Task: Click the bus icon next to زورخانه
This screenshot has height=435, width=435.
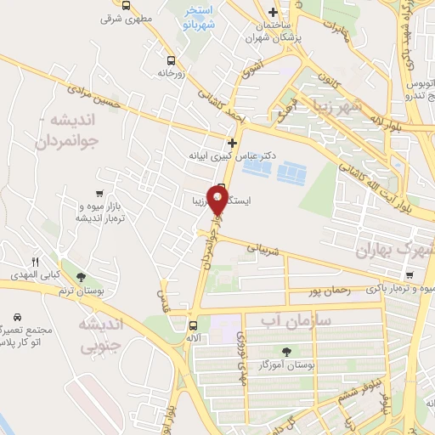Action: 172,61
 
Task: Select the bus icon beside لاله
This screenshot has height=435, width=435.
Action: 193,325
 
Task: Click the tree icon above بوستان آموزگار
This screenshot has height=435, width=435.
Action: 285,351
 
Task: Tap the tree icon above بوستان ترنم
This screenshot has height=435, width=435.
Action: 81,277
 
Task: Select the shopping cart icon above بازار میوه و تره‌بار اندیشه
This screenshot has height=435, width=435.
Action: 100,194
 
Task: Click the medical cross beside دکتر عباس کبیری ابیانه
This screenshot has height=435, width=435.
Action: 231,142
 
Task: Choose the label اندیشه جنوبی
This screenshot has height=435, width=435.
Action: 101,335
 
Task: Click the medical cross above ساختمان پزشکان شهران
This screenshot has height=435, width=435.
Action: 271,12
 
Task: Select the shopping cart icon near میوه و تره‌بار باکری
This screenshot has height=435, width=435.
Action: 410,275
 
